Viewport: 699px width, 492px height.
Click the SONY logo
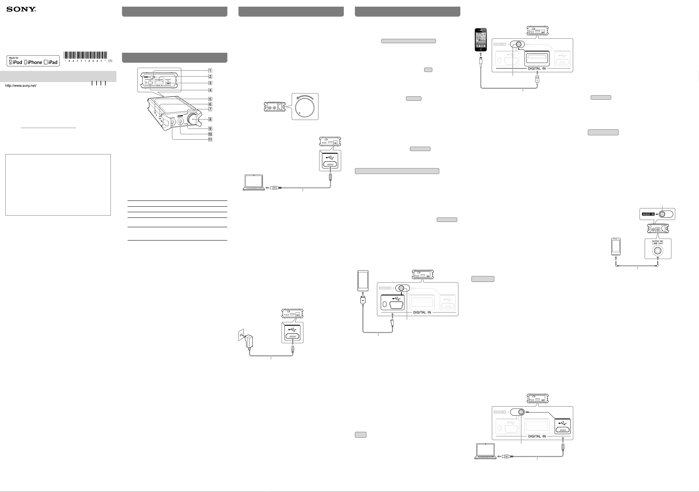tap(21, 9)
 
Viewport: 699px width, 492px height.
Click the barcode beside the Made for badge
tap(85, 55)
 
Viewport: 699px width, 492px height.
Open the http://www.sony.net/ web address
tap(21, 86)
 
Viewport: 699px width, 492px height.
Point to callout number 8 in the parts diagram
tap(210, 119)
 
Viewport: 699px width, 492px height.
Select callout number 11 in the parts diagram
tap(210, 140)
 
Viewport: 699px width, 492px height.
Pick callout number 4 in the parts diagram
tap(210, 90)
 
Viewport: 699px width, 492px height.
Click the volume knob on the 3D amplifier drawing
tap(193, 120)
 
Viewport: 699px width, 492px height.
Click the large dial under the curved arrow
tap(305, 108)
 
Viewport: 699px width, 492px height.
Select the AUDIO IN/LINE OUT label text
tap(658, 242)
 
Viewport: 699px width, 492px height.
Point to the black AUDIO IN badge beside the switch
tap(648, 214)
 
